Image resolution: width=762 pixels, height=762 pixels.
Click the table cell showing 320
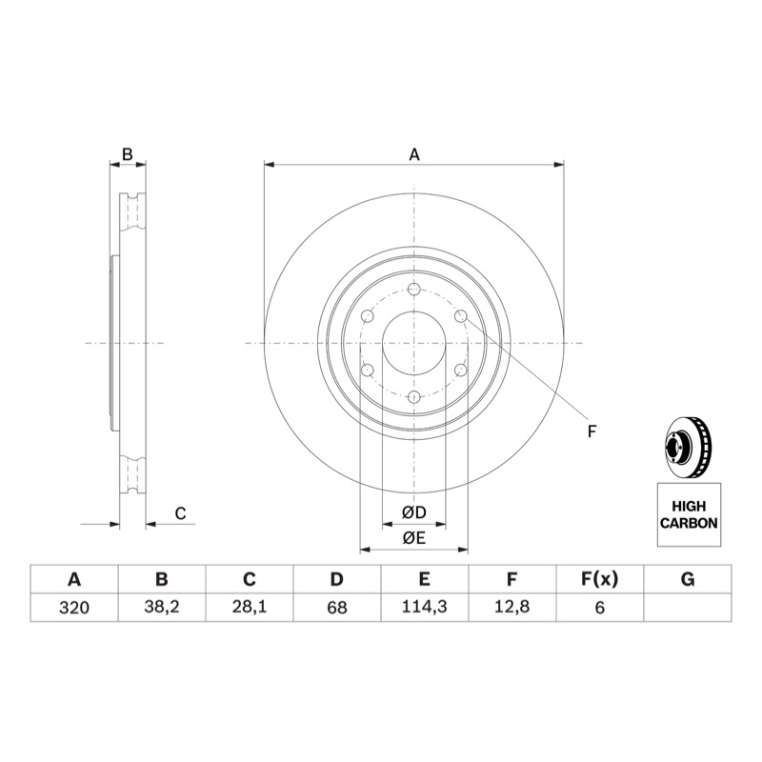(x=74, y=608)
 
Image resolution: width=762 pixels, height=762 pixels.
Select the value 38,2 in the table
(x=162, y=608)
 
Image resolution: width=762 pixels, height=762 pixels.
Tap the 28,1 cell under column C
(x=250, y=608)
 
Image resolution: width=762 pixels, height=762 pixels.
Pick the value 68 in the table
(x=337, y=608)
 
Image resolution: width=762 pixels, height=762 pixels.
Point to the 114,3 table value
(x=425, y=608)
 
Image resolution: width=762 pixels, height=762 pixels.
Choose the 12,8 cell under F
(x=512, y=608)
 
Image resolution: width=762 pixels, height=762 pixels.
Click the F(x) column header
(x=600, y=579)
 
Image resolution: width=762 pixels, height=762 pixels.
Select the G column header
(x=688, y=579)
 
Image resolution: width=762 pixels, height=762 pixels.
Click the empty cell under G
(x=688, y=608)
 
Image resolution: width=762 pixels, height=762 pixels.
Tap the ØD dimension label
(x=414, y=512)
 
